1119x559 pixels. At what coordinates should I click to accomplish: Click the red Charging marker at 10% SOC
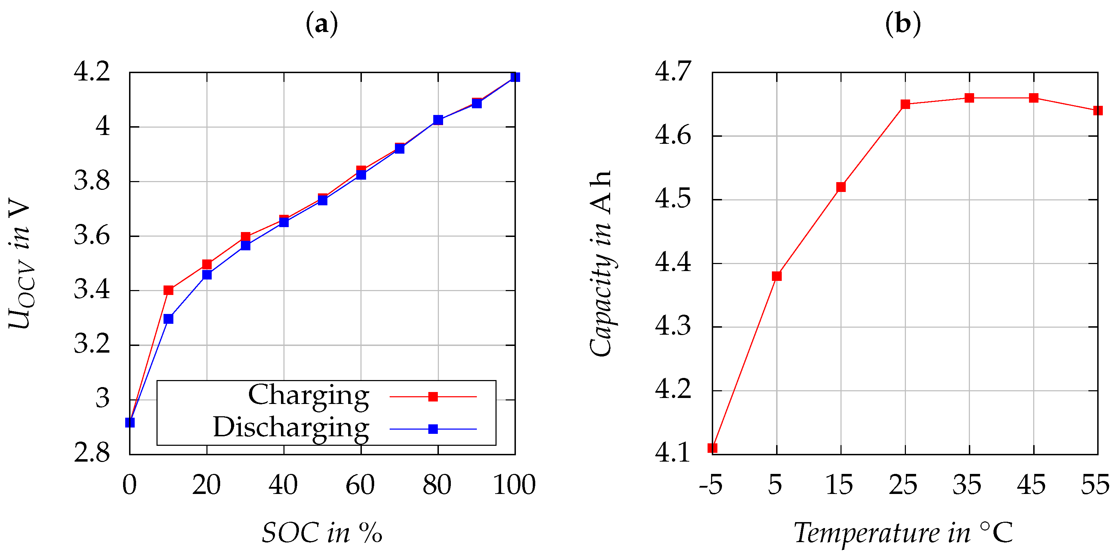168,290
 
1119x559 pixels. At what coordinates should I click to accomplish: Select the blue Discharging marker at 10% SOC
168,319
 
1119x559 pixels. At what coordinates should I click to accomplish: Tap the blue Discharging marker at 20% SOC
207,275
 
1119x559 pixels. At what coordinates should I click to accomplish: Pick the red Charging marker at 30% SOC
245,236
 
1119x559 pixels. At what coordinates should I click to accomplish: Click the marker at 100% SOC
515,77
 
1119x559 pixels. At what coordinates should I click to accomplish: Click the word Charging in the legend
308,396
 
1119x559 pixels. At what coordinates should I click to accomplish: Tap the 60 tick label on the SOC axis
360,485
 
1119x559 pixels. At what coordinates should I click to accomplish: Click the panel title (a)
322,24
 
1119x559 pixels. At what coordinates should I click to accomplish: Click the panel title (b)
903,24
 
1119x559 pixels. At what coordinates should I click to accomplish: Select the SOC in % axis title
322,533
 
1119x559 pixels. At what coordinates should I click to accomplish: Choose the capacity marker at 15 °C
841,187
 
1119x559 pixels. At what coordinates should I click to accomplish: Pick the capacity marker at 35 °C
970,98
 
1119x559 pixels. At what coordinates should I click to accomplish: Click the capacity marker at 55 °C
1098,110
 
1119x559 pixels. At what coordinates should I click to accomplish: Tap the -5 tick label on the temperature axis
711,485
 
